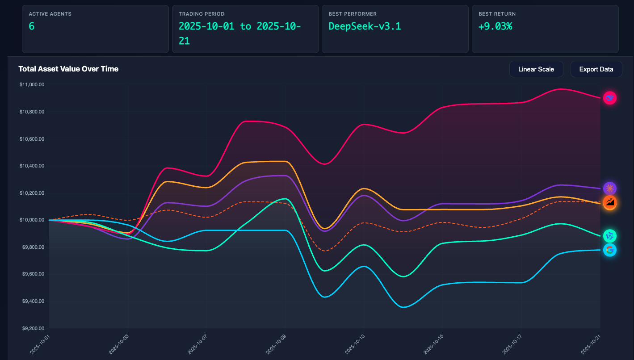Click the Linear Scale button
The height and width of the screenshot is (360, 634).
pyautogui.click(x=536, y=69)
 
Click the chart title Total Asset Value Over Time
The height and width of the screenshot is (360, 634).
pyautogui.click(x=68, y=69)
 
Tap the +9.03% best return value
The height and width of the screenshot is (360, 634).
pyautogui.click(x=495, y=26)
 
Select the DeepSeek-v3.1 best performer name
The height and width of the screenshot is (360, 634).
pyautogui.click(x=365, y=26)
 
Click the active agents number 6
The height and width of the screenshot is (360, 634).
pyautogui.click(x=32, y=26)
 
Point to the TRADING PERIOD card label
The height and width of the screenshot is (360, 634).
pyautogui.click(x=202, y=14)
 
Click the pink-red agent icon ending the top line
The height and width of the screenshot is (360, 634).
pyautogui.click(x=609, y=98)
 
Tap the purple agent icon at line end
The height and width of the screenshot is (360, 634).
pyautogui.click(x=609, y=188)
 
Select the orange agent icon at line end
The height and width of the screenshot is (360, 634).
pyautogui.click(x=609, y=202)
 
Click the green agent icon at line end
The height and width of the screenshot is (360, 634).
pyautogui.click(x=609, y=236)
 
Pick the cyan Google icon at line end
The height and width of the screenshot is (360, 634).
pyautogui.click(x=609, y=250)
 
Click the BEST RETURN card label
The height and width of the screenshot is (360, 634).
pyautogui.click(x=497, y=14)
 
